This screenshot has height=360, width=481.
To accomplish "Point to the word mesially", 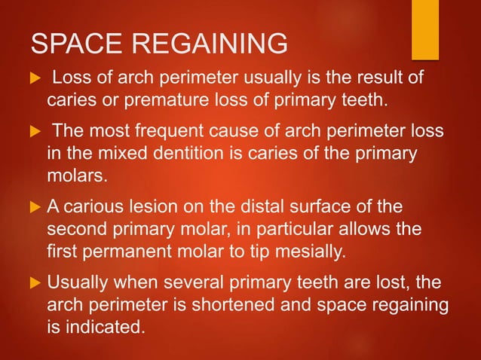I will tap(311, 249).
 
